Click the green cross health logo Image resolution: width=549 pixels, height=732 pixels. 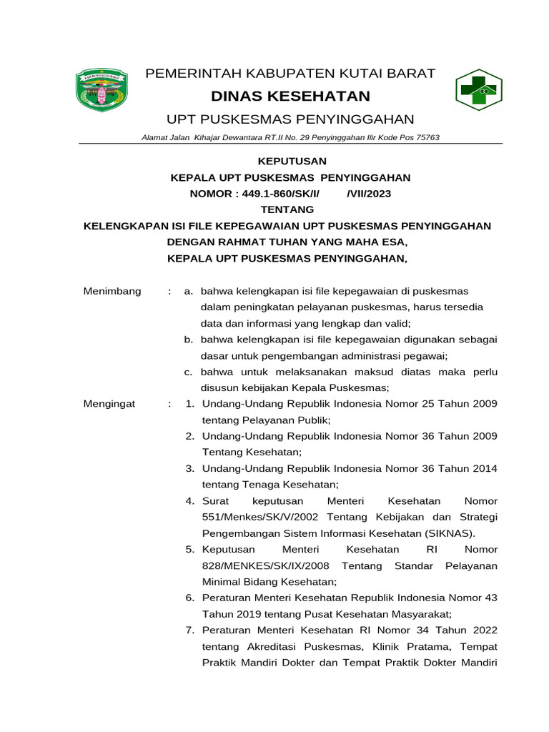[475, 91]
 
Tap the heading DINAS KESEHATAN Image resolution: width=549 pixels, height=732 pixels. [290, 96]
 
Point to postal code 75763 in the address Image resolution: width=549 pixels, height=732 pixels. [425, 137]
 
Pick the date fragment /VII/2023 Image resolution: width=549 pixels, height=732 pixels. [369, 193]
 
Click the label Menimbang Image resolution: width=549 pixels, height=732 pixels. [112, 291]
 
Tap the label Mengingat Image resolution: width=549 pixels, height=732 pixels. [109, 404]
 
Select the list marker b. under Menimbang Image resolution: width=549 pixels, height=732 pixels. [188, 340]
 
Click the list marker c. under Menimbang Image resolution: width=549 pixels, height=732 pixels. [188, 372]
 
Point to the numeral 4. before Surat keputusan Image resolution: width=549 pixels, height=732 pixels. [190, 501]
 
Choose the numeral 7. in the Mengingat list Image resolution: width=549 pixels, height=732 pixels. [190, 630]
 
